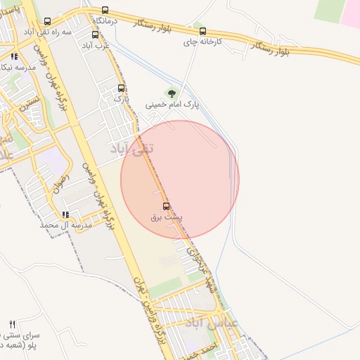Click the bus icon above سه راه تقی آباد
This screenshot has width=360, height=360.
tap(47, 22)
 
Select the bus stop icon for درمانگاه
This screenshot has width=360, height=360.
tap(105, 11)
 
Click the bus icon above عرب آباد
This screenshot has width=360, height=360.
tap(95, 34)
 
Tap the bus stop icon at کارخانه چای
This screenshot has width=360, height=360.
tap(203, 32)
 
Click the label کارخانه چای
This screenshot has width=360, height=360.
tap(202, 42)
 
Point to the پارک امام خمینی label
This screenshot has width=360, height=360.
tap(172, 104)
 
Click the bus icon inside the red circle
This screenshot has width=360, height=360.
tap(166, 206)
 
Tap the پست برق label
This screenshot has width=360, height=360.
tap(166, 217)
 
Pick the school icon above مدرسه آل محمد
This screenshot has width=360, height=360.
tap(65, 214)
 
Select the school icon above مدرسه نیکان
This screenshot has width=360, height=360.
tap(14, 56)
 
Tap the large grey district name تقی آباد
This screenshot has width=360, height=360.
tap(132, 149)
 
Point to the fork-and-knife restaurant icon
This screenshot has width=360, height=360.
tap(12, 324)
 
